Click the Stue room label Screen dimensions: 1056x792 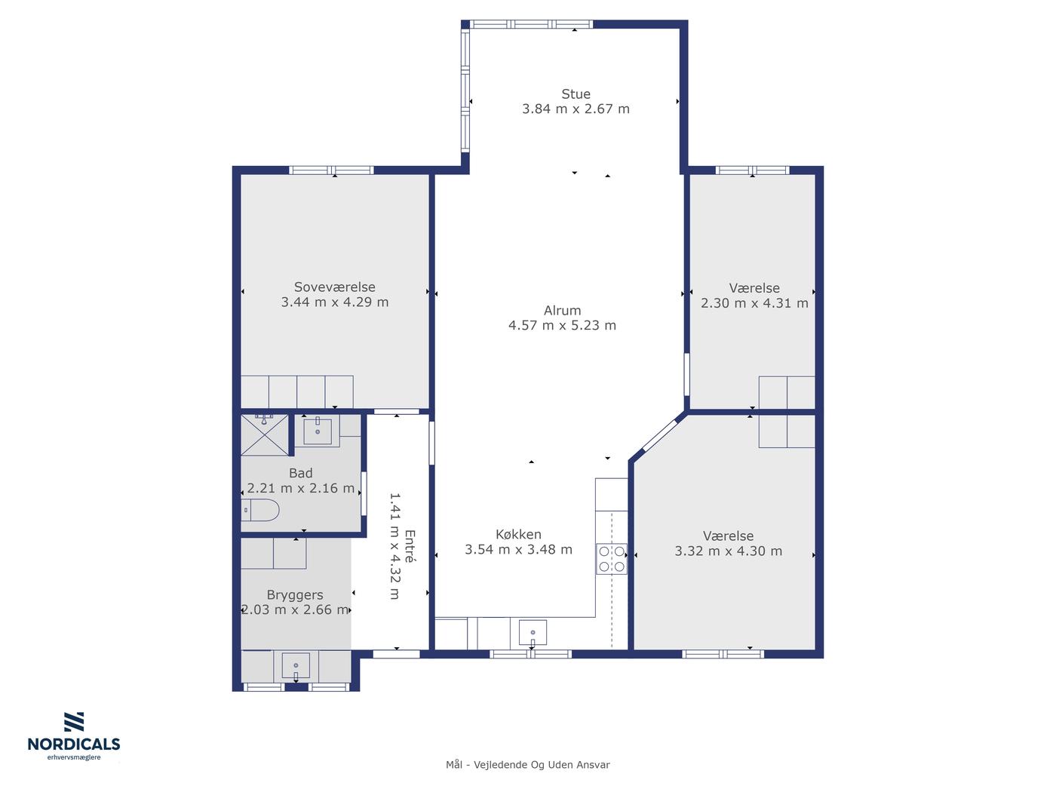pyautogui.click(x=576, y=94)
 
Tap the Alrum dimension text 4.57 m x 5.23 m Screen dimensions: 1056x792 pyautogui.click(x=562, y=326)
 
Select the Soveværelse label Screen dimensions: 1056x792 pyautogui.click(x=334, y=287)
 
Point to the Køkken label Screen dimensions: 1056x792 pyautogui.click(x=518, y=534)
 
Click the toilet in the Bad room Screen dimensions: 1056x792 pyautogui.click(x=259, y=510)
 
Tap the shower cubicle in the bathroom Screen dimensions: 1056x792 pyautogui.click(x=265, y=434)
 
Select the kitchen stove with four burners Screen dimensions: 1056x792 pyautogui.click(x=612, y=559)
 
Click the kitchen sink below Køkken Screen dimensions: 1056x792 pyautogui.click(x=533, y=632)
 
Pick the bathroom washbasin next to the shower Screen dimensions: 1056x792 pyautogui.click(x=318, y=431)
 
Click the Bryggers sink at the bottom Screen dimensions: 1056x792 pyautogui.click(x=296, y=665)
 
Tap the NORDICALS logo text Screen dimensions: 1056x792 pyautogui.click(x=74, y=744)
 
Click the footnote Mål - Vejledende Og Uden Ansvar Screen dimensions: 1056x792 pyautogui.click(x=528, y=765)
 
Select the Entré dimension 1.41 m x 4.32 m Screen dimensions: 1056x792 pyautogui.click(x=394, y=546)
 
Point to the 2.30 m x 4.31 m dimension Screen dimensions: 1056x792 pyautogui.click(x=754, y=303)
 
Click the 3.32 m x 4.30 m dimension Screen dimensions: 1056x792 pyautogui.click(x=728, y=551)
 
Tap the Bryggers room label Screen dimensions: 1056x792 pyautogui.click(x=295, y=595)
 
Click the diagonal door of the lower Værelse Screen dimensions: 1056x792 pyautogui.click(x=659, y=436)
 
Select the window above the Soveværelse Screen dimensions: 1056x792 pyautogui.click(x=331, y=170)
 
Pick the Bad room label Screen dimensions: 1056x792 pyautogui.click(x=301, y=473)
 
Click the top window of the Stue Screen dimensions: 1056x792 pyautogui.click(x=531, y=24)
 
